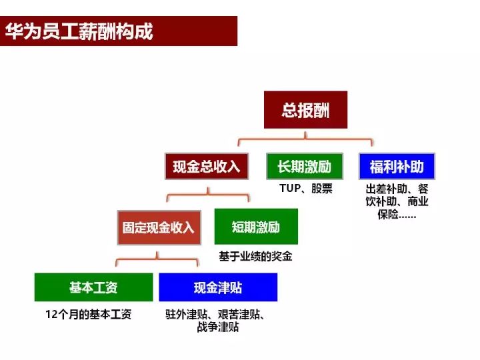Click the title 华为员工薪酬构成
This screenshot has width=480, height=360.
pos(79,31)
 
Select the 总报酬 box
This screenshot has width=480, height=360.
pos(305,109)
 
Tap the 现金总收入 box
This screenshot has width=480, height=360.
pos(207,166)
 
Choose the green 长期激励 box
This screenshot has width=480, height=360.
pos(305,166)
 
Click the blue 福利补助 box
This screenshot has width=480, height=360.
pos(397,166)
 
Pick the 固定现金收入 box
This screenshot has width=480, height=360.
pos(159,227)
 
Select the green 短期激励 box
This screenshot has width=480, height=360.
pos(256,227)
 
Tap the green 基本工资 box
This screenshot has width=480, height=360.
pos(94,287)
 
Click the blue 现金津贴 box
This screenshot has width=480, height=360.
pos(218,287)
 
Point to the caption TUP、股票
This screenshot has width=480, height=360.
pos(306,188)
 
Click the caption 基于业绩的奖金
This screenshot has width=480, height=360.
pos(255,256)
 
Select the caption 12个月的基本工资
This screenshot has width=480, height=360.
pos(89,314)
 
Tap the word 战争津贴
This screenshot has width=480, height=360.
pos(218,327)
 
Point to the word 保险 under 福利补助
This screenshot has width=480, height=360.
pos(388,214)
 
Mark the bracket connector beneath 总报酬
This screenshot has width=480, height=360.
pos(305,139)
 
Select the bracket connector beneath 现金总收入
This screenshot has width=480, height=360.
pos(208,194)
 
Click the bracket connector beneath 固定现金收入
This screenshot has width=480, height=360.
pos(157,259)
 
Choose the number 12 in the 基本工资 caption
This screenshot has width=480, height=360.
pos(51,315)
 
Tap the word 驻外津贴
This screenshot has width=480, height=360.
pos(187,315)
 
